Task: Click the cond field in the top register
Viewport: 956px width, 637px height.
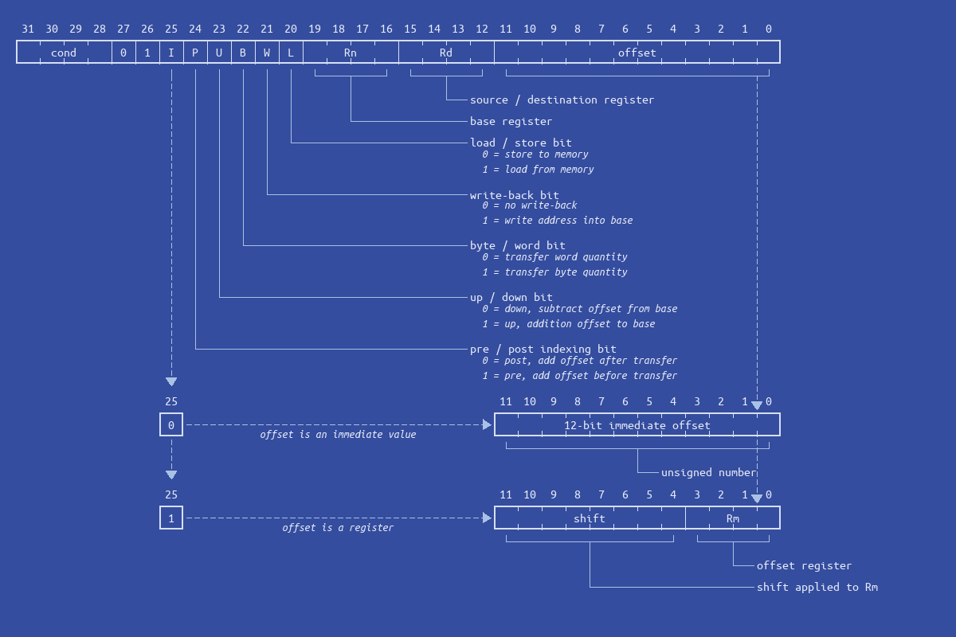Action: (x=64, y=53)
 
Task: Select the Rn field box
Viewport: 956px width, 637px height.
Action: (x=351, y=53)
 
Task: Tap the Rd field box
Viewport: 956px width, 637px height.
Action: (x=446, y=53)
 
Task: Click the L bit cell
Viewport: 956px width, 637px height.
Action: (x=291, y=53)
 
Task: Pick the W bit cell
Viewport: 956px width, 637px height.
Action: (x=267, y=53)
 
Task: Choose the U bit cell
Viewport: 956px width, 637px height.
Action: (x=219, y=53)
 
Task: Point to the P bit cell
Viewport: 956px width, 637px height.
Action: (x=195, y=53)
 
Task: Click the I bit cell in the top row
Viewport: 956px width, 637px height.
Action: (x=171, y=53)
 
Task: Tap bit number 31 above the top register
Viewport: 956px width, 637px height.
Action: (x=28, y=29)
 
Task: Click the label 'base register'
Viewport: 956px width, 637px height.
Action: (x=511, y=121)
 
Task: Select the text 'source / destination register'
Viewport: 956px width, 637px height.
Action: (x=562, y=100)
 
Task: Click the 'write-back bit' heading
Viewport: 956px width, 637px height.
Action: (x=514, y=195)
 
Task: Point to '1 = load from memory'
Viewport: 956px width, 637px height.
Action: (x=538, y=170)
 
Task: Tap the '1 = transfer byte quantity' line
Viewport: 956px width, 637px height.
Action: (x=554, y=272)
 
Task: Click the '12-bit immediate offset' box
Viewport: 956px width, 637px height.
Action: (x=637, y=425)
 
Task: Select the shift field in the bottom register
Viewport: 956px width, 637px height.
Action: (x=590, y=518)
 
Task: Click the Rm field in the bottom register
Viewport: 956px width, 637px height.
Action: (x=733, y=518)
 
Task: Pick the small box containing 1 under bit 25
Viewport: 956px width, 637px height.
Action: (x=171, y=518)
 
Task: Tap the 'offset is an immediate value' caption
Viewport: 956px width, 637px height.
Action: (x=338, y=435)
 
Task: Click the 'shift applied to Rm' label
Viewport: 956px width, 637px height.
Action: (x=817, y=587)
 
